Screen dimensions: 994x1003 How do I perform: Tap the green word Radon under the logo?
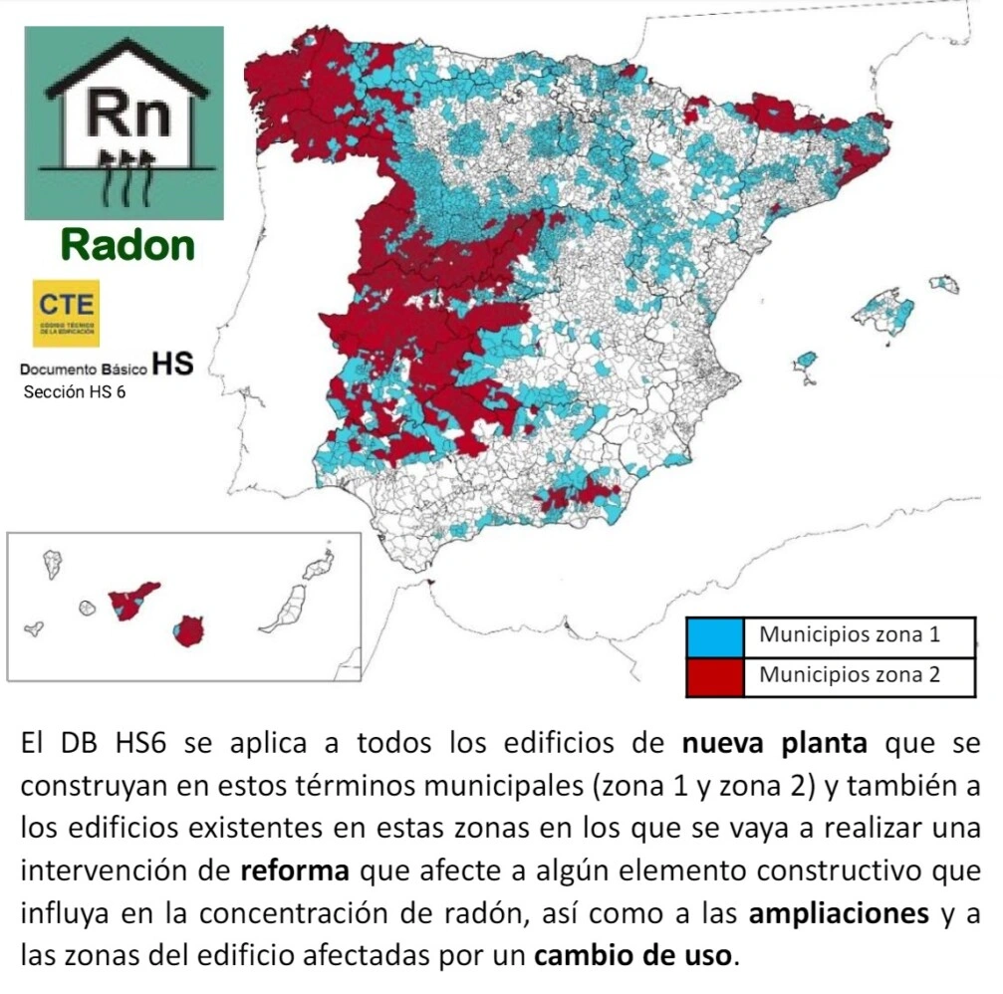126,244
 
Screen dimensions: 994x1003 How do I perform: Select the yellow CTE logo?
66,312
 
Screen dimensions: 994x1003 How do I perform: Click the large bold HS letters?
172,364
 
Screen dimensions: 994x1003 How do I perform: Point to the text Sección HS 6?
74,391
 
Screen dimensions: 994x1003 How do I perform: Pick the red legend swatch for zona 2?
714,676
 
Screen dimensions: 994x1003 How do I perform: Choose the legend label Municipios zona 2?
849,675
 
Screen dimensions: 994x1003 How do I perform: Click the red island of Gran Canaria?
188,630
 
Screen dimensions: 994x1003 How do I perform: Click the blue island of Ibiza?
807,359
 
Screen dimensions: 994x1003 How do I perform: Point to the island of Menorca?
944,284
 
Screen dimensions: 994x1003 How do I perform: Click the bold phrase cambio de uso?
635,955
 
